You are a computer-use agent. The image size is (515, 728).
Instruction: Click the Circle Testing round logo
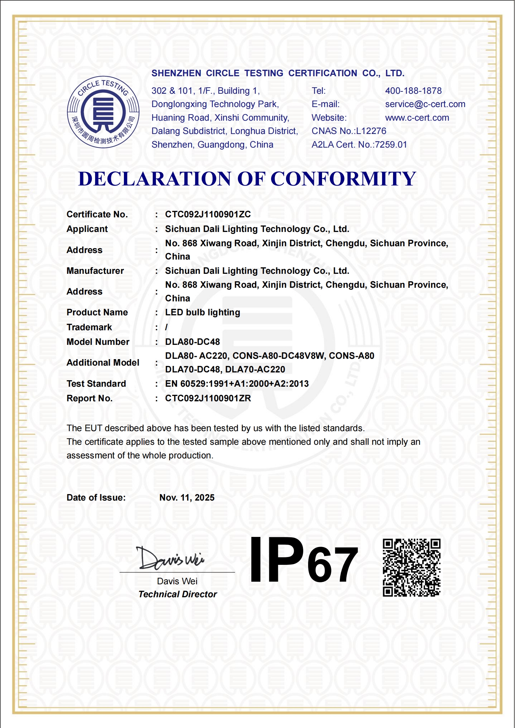pyautogui.click(x=103, y=112)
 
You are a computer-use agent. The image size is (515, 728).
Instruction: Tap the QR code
pyautogui.click(x=411, y=567)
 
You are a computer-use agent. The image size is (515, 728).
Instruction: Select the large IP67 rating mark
pyautogui.click(x=304, y=560)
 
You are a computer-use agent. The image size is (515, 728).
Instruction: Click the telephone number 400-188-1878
pyautogui.click(x=413, y=91)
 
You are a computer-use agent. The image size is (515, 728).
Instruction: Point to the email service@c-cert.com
pyautogui.click(x=425, y=104)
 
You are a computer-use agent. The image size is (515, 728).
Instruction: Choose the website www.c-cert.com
pyautogui.click(x=417, y=118)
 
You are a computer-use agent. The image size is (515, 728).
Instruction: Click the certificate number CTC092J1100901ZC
pyautogui.click(x=208, y=214)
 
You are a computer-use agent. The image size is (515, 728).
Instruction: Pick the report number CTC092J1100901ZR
pyautogui.click(x=208, y=398)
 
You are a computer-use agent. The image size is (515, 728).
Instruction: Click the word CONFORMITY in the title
pyautogui.click(x=343, y=179)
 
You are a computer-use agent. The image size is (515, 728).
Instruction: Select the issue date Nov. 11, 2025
pyautogui.click(x=187, y=498)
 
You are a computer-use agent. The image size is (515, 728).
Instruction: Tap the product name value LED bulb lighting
pyautogui.click(x=202, y=312)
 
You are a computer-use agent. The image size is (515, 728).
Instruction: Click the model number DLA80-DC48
pyautogui.click(x=192, y=342)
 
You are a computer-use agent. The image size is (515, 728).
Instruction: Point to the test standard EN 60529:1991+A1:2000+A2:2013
pyautogui.click(x=237, y=384)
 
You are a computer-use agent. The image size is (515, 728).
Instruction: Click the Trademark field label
pyautogui.click(x=89, y=327)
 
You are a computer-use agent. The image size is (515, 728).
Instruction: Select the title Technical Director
pyautogui.click(x=177, y=594)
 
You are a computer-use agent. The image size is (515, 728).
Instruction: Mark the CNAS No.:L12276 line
pyautogui.click(x=349, y=131)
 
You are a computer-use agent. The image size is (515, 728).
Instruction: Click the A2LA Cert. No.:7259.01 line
pyautogui.click(x=359, y=145)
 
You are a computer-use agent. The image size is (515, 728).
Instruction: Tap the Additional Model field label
pyautogui.click(x=103, y=363)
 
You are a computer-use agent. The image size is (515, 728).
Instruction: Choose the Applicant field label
pyautogui.click(x=87, y=229)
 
